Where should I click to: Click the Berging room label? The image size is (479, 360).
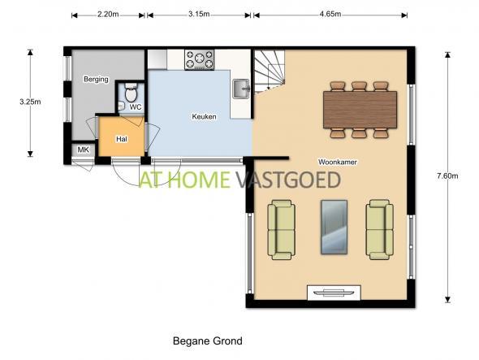[x=96, y=80]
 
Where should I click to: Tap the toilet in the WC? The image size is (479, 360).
[x=132, y=92]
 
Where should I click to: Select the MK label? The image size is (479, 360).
[x=83, y=150]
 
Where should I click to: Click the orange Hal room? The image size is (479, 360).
[x=122, y=137]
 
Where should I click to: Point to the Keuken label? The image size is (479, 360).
[x=204, y=116]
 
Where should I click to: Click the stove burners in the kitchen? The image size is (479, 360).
[x=200, y=59]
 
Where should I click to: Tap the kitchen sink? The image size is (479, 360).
[x=241, y=89]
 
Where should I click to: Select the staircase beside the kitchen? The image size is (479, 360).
[x=270, y=72]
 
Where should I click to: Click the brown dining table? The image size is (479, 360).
[x=360, y=110]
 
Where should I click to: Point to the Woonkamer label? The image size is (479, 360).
[x=338, y=162]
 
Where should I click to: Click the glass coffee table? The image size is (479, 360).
[x=334, y=227]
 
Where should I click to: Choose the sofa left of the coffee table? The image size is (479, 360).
[x=282, y=230]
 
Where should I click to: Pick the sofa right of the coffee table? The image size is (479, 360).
[x=380, y=230]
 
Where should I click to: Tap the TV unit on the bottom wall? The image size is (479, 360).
[x=334, y=293]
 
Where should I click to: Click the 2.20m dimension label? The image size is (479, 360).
[x=108, y=15]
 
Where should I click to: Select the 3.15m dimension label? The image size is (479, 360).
[x=199, y=15]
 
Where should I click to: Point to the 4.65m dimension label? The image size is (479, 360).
[x=330, y=15]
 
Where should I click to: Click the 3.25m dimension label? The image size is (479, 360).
[x=30, y=102]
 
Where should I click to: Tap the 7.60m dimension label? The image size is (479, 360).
[x=447, y=176]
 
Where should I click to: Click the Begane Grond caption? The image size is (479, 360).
[x=208, y=340]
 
